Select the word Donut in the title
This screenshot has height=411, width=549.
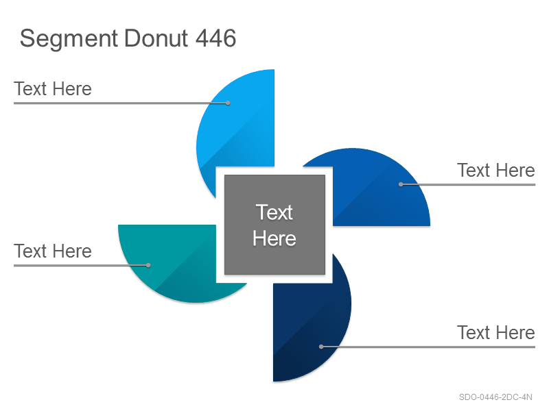pos(156,38)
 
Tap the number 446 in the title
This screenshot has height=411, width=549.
pos(215,38)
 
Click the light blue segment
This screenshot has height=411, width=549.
pos(238,126)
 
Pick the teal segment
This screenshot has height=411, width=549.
pos(175,259)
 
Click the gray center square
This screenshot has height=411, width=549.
pos(275,225)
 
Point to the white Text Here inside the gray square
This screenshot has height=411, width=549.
pos(274,225)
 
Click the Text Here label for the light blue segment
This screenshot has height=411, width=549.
pos(53,89)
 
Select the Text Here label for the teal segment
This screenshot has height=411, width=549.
pos(53,251)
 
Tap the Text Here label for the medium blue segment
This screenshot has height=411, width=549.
pos(496,171)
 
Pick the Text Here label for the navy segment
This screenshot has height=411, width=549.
pos(496,333)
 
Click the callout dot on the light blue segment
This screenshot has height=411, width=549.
pos(228,103)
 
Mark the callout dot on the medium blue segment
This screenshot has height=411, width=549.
pos(401,184)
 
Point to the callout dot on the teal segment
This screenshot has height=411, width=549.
pos(148,266)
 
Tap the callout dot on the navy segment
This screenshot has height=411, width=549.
pos(321,347)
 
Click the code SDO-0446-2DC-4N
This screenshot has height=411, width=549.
pos(495,397)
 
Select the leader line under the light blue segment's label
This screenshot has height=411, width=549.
pos(121,103)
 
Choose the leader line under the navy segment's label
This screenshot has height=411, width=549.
pos(428,347)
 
